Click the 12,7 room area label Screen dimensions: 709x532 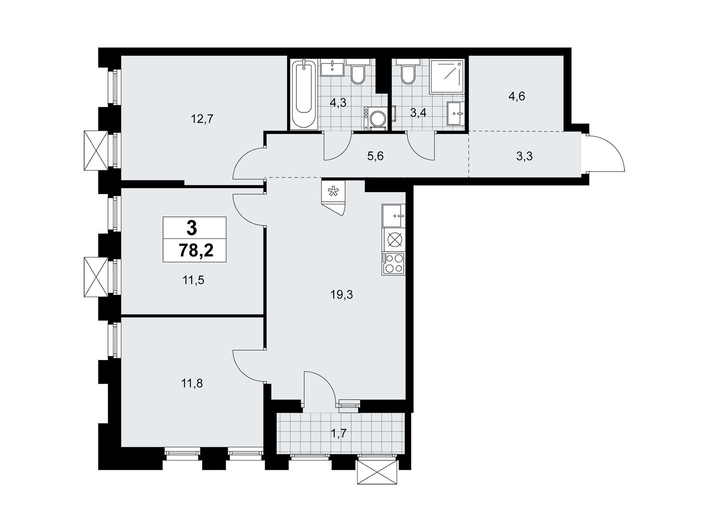pyautogui.click(x=202, y=120)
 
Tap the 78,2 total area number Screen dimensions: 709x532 pyautogui.click(x=196, y=250)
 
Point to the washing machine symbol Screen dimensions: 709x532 pyautogui.click(x=376, y=118)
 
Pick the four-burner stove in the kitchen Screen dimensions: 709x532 pyautogui.click(x=393, y=264)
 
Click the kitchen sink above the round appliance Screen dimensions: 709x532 pyautogui.click(x=393, y=216)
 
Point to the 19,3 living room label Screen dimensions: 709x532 pyautogui.click(x=342, y=294)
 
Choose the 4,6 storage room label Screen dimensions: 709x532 pyautogui.click(x=517, y=96)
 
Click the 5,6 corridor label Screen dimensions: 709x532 pyautogui.click(x=375, y=156)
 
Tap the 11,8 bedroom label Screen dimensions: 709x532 pyautogui.click(x=193, y=384)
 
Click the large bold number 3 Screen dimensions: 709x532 pyautogui.click(x=191, y=228)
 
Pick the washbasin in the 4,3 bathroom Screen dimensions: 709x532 pyautogui.click(x=332, y=69)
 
